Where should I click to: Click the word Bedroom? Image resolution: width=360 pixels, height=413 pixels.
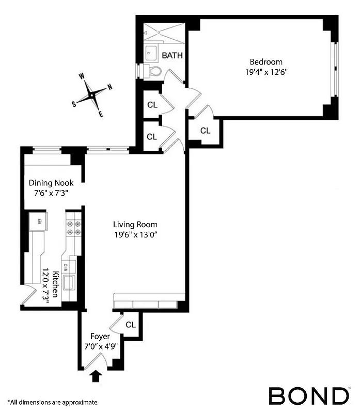267,62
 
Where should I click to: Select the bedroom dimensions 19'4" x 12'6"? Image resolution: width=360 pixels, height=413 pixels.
267,72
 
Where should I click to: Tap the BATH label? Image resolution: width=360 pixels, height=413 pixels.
172,55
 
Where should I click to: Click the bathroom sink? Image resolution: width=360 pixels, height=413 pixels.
152,52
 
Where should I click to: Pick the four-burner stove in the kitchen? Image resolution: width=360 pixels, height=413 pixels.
73,228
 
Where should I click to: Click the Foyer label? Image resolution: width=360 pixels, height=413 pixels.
101,337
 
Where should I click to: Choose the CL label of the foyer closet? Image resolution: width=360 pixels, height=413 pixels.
131,325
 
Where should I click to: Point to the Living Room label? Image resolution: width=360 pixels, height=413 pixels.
135,225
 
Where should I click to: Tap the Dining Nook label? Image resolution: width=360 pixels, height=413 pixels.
51,183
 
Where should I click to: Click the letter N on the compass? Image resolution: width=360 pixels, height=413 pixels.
109,87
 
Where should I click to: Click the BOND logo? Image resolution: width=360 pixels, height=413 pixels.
308,396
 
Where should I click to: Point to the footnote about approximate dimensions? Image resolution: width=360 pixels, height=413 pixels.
53,402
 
